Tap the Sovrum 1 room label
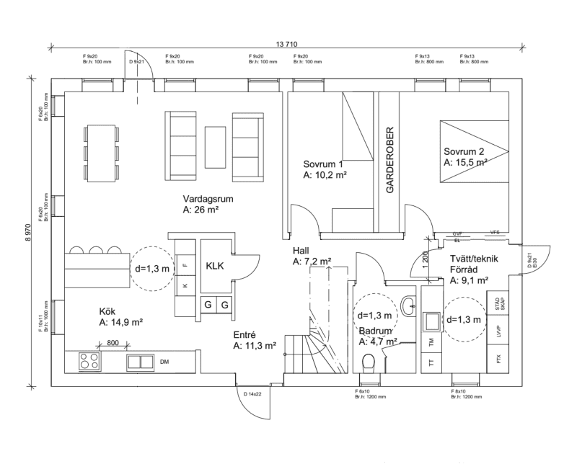[x=323, y=164]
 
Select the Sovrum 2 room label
[x=464, y=152]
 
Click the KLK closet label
[x=215, y=266]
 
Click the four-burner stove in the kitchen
[x=89, y=361]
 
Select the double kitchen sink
[x=141, y=362]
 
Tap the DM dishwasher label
[x=164, y=362]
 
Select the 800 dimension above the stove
[x=113, y=343]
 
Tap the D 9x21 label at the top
[x=137, y=62]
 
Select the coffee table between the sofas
[x=215, y=146]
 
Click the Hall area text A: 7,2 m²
[x=312, y=262]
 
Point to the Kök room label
[x=107, y=311]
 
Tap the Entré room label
[x=245, y=335]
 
